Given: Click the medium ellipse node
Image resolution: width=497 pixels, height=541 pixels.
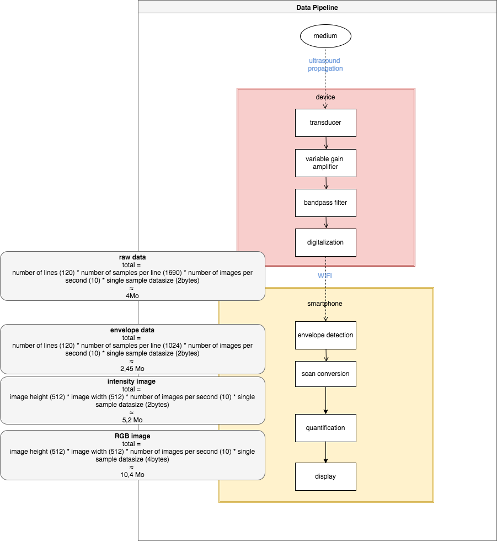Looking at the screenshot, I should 325,37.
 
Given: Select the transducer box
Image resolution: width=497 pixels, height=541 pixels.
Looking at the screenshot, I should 325,123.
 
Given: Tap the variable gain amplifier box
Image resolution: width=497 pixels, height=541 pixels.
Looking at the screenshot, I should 325,163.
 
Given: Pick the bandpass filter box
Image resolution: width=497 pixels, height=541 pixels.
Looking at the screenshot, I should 325,203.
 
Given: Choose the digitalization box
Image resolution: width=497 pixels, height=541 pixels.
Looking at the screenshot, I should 325,242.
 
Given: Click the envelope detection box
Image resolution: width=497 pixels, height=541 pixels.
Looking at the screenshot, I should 325,335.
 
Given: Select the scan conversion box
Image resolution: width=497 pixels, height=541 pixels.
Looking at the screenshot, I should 325,374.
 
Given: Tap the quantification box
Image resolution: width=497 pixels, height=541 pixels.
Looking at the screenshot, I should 325,428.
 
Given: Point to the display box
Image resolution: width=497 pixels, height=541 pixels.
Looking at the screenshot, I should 325,476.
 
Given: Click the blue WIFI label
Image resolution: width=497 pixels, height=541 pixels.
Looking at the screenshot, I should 324,275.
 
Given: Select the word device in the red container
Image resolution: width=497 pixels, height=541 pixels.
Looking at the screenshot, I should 325,97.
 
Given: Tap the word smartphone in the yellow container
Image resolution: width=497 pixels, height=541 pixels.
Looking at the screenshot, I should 325,304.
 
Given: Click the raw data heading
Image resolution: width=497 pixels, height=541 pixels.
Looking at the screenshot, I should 132,257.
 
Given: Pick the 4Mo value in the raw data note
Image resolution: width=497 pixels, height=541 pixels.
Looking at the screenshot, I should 132,296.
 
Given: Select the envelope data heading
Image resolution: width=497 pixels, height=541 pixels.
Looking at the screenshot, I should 132,330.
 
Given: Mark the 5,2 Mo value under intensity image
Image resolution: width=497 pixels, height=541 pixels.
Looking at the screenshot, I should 132,420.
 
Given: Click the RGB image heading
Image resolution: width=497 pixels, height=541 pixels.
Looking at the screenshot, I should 132,436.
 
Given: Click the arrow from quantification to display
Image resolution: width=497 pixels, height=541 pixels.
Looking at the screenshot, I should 325,452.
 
